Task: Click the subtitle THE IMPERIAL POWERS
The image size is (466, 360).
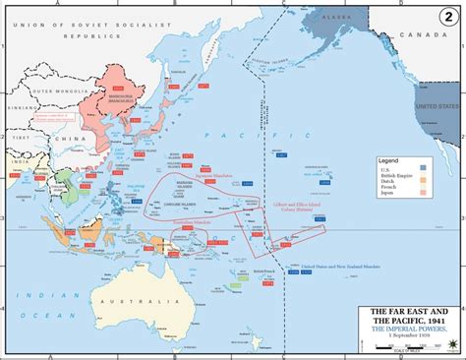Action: point(406,336)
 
